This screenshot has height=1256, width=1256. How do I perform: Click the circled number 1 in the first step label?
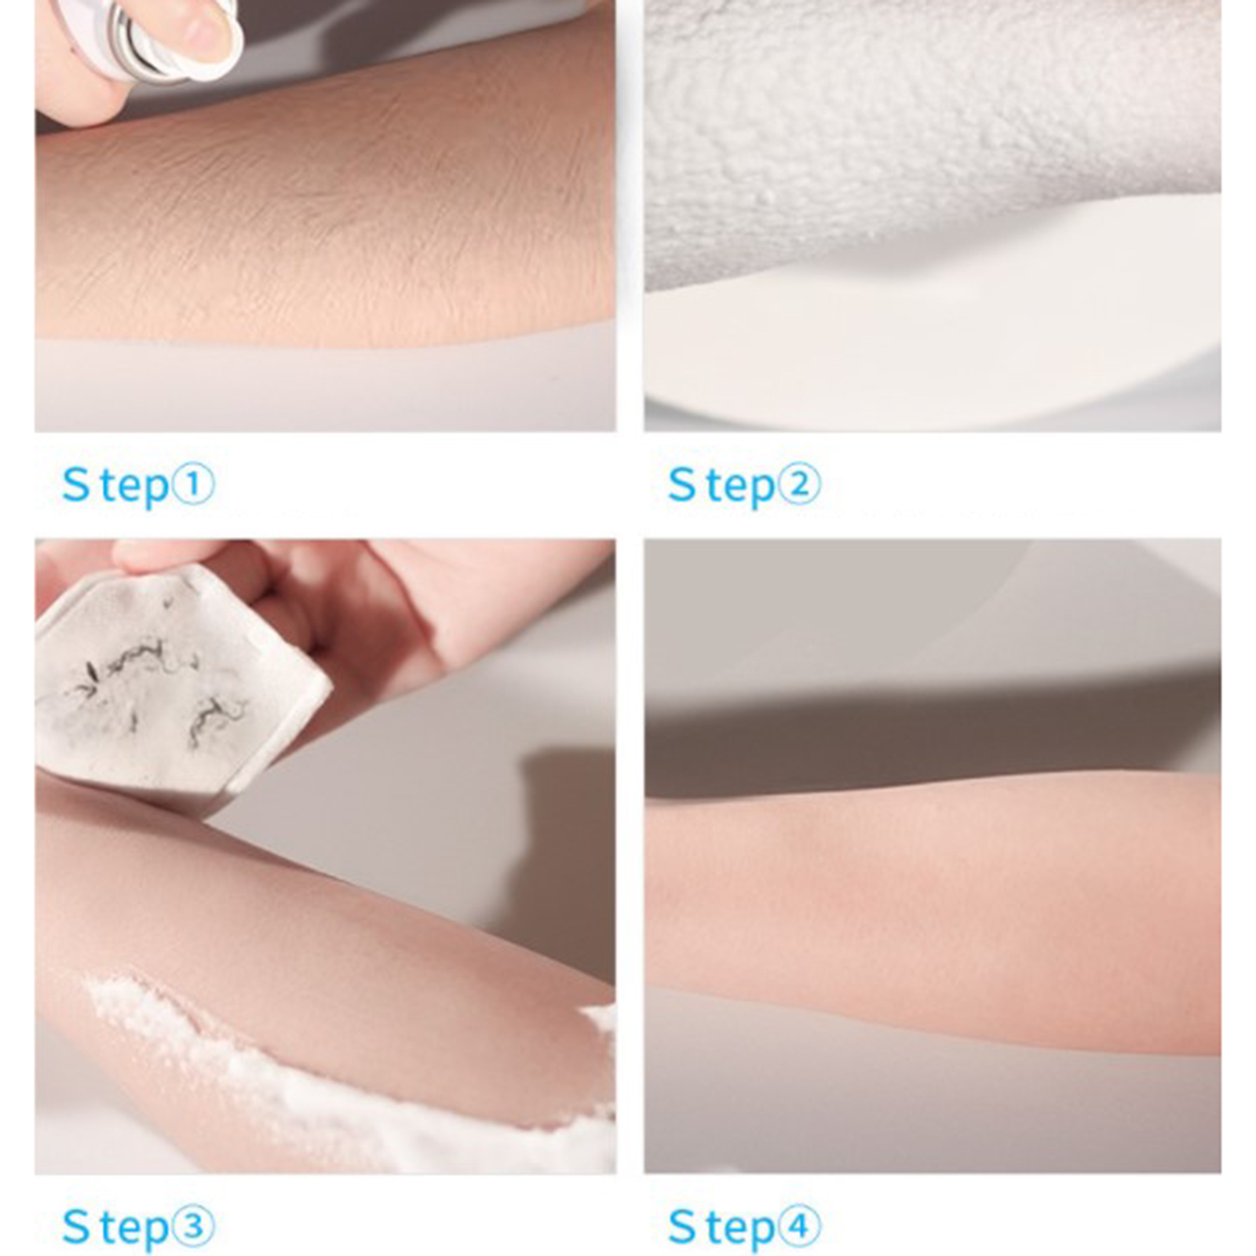(192, 484)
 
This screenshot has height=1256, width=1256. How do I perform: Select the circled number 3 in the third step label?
(192, 1226)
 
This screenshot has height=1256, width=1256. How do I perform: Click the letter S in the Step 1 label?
(76, 484)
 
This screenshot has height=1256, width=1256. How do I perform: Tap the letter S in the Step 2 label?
(682, 484)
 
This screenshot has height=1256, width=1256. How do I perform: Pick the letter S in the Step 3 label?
(76, 1227)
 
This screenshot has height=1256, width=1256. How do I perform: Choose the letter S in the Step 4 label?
(682, 1227)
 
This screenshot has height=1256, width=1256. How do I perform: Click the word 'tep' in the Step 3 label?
(134, 1229)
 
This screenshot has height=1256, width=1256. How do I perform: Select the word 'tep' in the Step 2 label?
(740, 487)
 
